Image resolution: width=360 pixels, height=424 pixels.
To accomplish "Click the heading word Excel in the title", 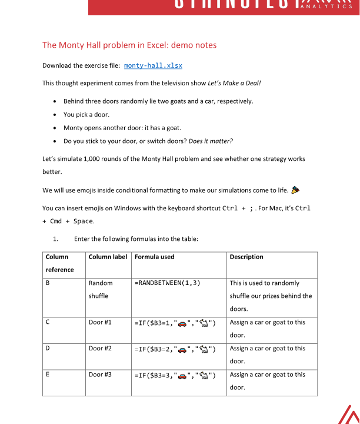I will [134, 45].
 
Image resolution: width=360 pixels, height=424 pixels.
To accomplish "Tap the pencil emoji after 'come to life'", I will [295, 190].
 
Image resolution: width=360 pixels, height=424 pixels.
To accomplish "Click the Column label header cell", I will [108, 257].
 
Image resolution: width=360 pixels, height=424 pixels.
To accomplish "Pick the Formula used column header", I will [154, 257].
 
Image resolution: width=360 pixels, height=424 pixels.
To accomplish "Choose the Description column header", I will [246, 257].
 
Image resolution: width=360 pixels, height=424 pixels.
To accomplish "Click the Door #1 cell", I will [100, 322].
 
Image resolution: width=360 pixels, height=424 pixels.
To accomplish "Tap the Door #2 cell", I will [100, 348].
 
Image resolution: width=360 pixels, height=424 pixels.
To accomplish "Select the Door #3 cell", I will [100, 375].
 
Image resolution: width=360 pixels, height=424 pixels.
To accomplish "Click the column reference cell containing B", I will [48, 283].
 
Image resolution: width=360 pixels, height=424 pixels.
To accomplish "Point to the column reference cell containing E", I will [48, 375].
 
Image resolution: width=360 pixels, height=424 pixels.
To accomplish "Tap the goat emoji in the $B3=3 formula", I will [204, 375].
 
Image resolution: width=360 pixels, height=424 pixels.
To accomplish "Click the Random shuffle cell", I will [101, 289].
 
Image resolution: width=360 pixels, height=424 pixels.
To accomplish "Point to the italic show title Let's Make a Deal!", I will [234, 83].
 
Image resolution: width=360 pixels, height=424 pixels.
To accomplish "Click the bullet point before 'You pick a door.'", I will [55, 115].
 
